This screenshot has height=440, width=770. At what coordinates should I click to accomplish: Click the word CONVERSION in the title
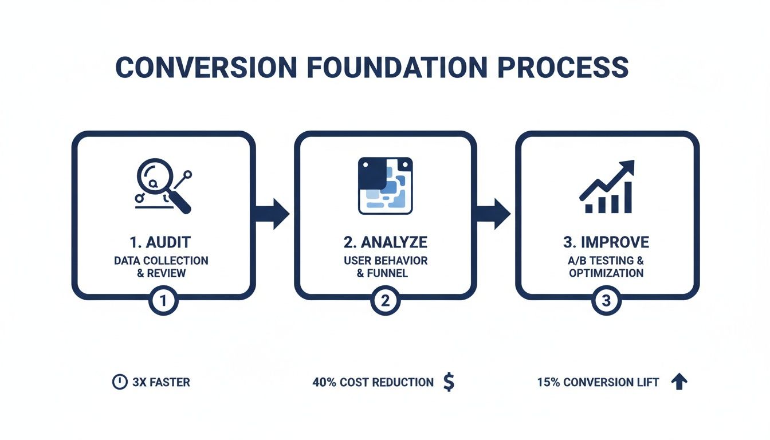(x=206, y=68)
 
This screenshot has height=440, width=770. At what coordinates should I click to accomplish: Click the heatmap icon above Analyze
(x=385, y=186)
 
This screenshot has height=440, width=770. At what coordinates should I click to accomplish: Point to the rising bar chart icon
(x=607, y=187)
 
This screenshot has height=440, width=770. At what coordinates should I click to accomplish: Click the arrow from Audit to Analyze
(x=273, y=214)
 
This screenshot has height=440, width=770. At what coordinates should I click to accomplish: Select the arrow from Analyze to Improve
(x=494, y=214)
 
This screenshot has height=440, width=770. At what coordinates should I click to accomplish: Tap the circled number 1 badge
(x=163, y=300)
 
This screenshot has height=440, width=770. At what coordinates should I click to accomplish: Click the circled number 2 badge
(x=385, y=300)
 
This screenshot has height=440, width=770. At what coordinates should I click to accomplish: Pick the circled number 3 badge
(x=607, y=300)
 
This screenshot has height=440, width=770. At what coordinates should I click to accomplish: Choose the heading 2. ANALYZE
(x=385, y=242)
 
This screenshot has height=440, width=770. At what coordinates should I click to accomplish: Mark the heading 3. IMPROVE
(x=606, y=242)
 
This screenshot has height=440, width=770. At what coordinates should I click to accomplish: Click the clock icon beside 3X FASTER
(x=120, y=382)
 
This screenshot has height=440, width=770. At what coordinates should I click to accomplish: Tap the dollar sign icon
(x=449, y=382)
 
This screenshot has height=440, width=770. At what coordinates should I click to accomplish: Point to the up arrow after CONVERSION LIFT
(x=679, y=382)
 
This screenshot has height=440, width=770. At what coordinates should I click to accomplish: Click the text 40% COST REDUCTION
(x=373, y=382)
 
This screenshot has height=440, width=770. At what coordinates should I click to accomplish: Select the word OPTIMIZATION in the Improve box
(x=606, y=273)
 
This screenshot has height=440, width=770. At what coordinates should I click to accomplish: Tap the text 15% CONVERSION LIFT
(x=598, y=382)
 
